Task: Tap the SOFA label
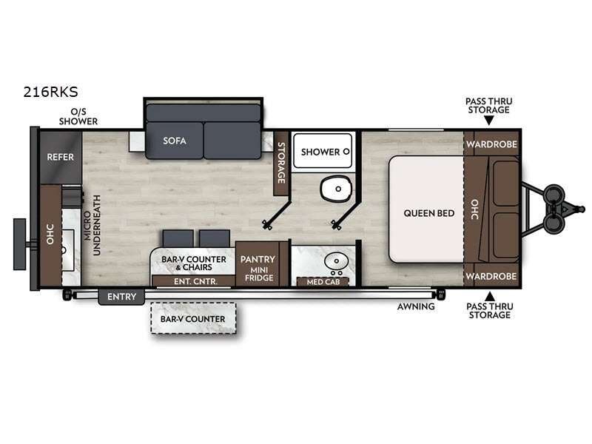point(175,141)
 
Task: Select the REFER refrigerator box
point(60,157)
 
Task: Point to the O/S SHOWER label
point(78,116)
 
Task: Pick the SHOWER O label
point(320,152)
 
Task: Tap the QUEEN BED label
point(429,213)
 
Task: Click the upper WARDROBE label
point(492,143)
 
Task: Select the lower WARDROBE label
point(492,276)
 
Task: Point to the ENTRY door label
point(121,297)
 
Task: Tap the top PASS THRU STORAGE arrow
point(488,120)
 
